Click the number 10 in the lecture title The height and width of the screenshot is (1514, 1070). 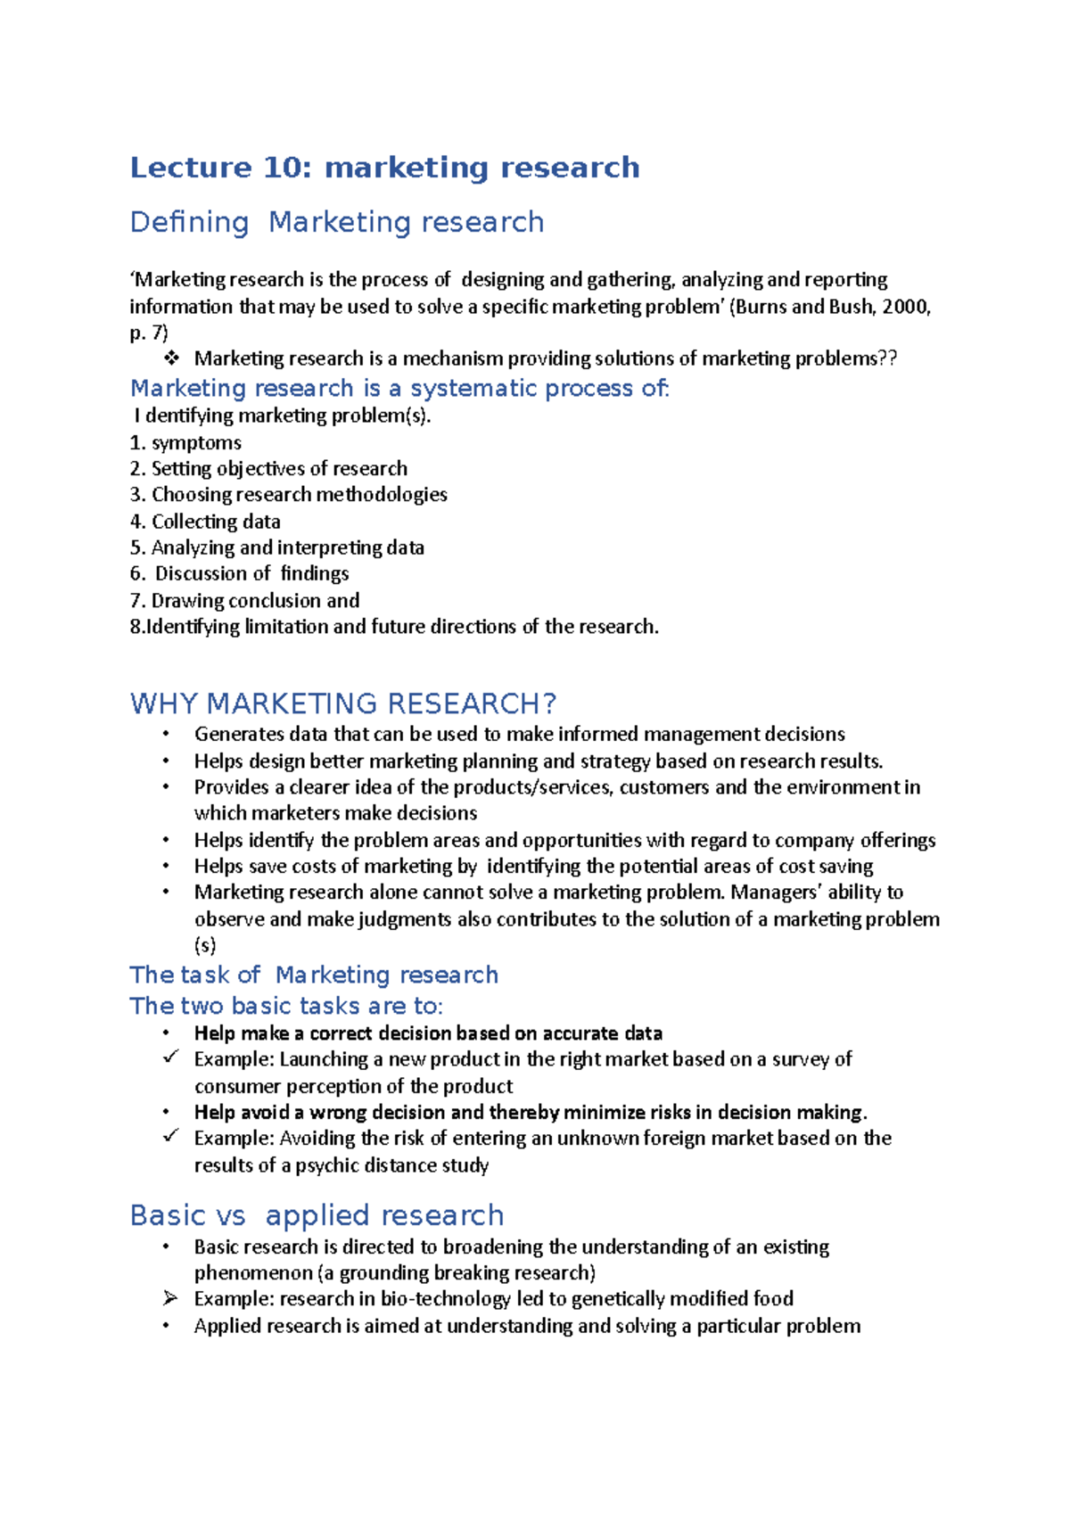coord(283,168)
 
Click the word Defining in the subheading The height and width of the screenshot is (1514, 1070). coord(189,222)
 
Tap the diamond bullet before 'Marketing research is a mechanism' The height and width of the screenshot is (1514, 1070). coord(171,358)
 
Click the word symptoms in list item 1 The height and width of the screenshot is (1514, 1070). coord(196,443)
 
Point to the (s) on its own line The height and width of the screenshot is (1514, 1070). coord(205,945)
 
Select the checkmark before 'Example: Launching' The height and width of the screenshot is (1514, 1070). coord(171,1058)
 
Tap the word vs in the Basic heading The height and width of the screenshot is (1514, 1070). coord(230,1215)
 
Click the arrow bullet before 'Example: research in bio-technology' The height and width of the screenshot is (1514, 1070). coord(170,1299)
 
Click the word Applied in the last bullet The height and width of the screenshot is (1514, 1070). coord(227,1326)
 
